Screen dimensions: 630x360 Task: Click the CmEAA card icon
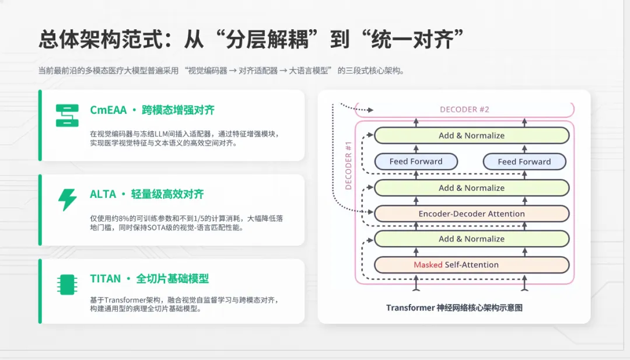point(67,116)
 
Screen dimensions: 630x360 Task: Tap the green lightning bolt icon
point(67,200)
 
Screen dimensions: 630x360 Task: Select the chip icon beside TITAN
point(66,284)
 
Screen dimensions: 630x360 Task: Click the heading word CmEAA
point(107,110)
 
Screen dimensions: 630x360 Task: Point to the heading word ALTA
point(103,194)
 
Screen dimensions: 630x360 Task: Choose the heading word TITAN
point(106,279)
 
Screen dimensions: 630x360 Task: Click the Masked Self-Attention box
point(471,265)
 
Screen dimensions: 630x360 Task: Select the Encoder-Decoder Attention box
point(471,214)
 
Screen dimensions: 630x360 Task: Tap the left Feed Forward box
point(416,162)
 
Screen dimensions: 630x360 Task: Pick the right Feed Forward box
point(524,162)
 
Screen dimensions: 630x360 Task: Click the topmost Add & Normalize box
point(471,135)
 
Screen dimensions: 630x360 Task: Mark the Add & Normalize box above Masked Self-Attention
point(471,239)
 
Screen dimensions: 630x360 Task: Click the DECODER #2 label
point(464,110)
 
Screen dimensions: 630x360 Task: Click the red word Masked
point(428,265)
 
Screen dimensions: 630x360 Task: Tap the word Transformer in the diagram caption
point(411,307)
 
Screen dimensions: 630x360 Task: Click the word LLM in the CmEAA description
point(158,134)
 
